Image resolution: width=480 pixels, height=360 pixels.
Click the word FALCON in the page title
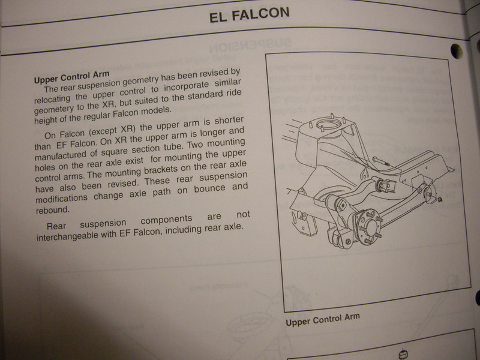tap(260, 14)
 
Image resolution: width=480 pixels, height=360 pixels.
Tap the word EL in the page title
tap(218, 17)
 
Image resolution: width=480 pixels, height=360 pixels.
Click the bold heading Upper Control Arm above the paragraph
tap(71, 77)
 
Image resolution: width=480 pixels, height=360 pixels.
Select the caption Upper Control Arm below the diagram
tap(323, 319)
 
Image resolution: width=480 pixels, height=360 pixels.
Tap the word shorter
tap(229, 121)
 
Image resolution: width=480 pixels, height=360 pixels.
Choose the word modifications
tap(61, 198)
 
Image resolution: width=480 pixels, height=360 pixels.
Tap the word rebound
tap(53, 210)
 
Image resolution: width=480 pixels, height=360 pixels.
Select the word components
tap(166, 220)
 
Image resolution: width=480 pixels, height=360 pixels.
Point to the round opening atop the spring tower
tap(329, 125)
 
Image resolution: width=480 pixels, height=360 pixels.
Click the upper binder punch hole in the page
tap(457, 51)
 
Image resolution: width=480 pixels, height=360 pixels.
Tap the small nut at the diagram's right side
tap(440, 200)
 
